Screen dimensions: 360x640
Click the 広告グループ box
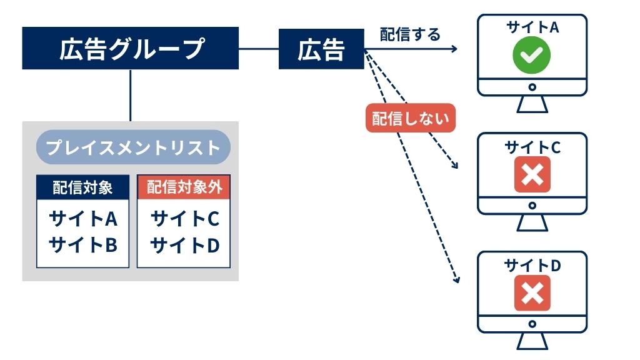coord(131,48)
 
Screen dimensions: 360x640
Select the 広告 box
coord(321,49)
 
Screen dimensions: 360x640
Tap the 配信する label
coord(410,34)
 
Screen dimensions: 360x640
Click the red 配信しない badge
coord(410,118)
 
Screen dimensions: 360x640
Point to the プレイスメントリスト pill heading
coord(133,147)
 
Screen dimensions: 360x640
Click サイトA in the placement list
coord(82,219)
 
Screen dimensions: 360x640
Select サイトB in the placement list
coord(82,244)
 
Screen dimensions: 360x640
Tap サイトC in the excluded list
coord(184,219)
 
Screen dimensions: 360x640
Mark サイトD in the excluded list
coord(184,244)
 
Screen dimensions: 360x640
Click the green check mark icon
coord(532,56)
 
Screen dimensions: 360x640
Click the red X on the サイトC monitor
coord(532,174)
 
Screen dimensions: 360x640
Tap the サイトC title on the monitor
coord(532,147)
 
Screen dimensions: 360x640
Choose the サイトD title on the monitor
coord(532,266)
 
